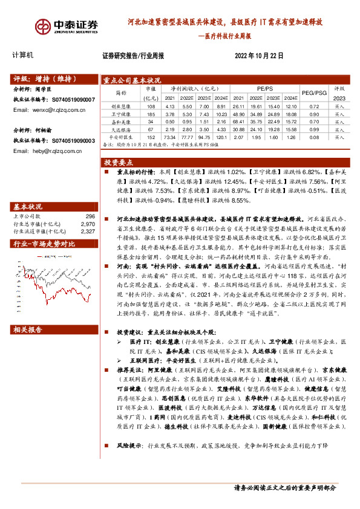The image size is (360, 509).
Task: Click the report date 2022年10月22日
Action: click(259, 55)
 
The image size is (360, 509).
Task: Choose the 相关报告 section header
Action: click(28, 329)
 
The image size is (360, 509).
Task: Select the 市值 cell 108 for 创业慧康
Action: click(151, 106)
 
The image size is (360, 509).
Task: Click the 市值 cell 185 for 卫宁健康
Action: click(151, 114)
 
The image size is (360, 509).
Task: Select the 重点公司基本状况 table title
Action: click(132, 80)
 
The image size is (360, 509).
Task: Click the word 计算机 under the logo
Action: click(24, 54)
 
